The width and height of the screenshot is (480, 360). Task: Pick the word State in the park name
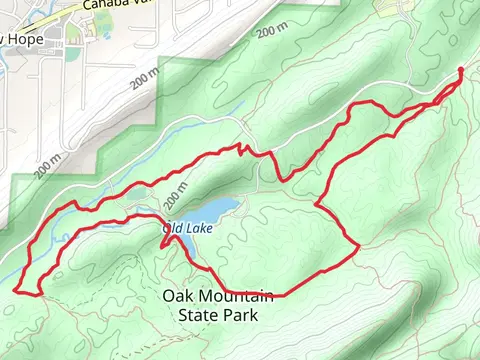197,315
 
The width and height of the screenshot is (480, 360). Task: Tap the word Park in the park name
241,315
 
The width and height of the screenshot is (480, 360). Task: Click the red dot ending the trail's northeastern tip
460,70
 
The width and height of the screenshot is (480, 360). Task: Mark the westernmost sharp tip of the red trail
15,290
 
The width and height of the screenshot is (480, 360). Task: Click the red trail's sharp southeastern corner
357,246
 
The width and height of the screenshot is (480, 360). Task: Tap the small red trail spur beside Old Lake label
165,237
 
